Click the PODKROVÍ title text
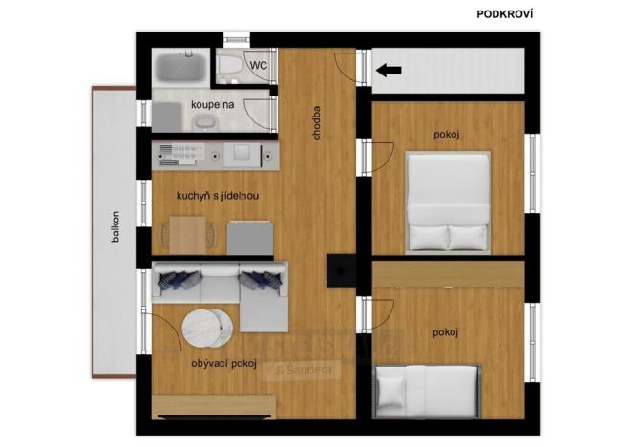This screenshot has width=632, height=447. click(504, 13)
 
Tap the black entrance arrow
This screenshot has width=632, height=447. click(388, 70)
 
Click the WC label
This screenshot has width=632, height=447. click(258, 65)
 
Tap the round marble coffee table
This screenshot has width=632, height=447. click(207, 330)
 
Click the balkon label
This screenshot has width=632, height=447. click(115, 226)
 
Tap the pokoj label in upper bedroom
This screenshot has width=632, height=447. click(446, 135)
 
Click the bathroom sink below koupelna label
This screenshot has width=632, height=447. click(204, 121)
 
